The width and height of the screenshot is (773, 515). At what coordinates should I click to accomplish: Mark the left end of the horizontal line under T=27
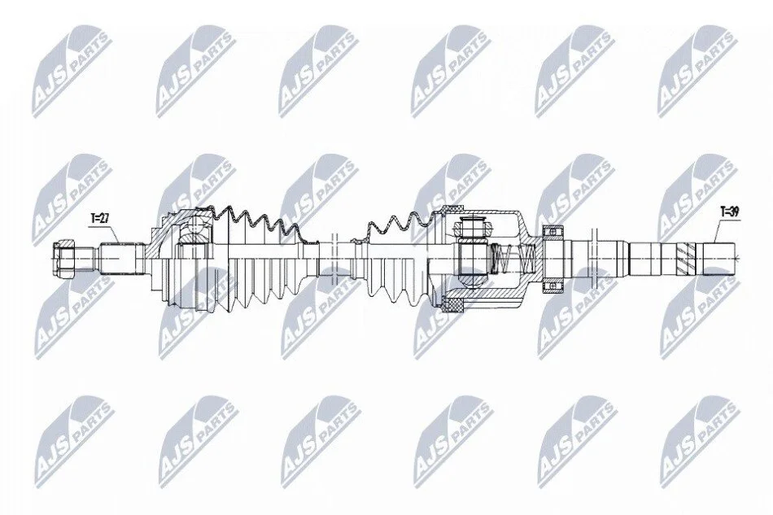coord(90,225)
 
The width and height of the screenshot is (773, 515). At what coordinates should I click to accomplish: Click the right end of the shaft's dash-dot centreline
coord(741,256)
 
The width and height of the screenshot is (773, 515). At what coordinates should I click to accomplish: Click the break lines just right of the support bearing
coord(594,257)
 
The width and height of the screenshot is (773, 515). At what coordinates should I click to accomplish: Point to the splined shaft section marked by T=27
coord(118,258)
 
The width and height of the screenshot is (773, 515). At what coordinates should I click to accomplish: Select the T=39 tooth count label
coord(729,212)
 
